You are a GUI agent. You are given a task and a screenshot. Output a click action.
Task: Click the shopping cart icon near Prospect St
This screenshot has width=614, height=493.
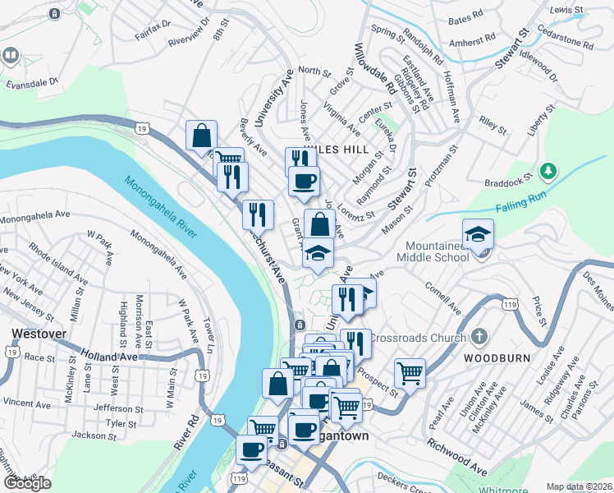coord(410,373)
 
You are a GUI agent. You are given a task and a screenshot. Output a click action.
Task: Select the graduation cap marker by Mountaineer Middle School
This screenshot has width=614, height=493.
coord(478,234)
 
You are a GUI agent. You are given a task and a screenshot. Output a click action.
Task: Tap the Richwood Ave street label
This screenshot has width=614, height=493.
coord(457,456)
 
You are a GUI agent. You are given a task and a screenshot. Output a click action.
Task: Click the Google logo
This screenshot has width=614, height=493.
coord(27,483)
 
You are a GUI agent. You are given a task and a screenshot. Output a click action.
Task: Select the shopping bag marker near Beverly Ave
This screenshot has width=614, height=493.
coord(201,136)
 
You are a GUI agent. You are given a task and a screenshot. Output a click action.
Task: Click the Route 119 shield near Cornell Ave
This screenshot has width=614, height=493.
coord(510,305)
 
